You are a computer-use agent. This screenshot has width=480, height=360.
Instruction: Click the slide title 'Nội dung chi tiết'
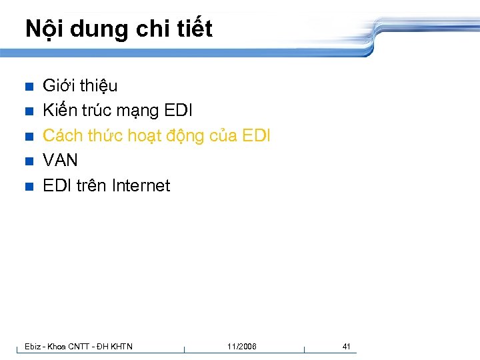click(119, 29)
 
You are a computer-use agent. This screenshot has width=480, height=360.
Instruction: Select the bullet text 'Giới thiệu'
click(80, 85)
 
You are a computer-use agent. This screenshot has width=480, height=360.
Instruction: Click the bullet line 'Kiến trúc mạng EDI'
click(117, 111)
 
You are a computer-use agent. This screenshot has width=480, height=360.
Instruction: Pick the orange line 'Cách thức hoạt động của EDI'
click(156, 135)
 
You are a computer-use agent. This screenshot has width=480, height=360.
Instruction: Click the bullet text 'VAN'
click(60, 160)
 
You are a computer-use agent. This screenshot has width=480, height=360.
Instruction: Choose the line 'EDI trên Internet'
click(106, 185)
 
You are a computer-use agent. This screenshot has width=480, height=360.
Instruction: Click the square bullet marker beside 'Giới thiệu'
click(28, 87)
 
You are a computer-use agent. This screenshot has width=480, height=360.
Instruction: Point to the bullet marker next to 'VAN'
click(28, 161)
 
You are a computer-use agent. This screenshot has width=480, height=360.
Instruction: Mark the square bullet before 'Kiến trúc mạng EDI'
click(28, 111)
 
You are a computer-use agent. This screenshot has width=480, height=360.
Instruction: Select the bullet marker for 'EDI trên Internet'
click(28, 187)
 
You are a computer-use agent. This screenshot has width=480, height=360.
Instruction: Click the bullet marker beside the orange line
click(28, 137)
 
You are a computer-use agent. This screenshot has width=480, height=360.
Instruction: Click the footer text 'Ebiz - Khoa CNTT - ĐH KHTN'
click(78, 346)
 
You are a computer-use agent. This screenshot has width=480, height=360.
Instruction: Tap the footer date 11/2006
click(241, 346)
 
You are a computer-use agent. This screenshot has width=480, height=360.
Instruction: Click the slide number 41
click(346, 346)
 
